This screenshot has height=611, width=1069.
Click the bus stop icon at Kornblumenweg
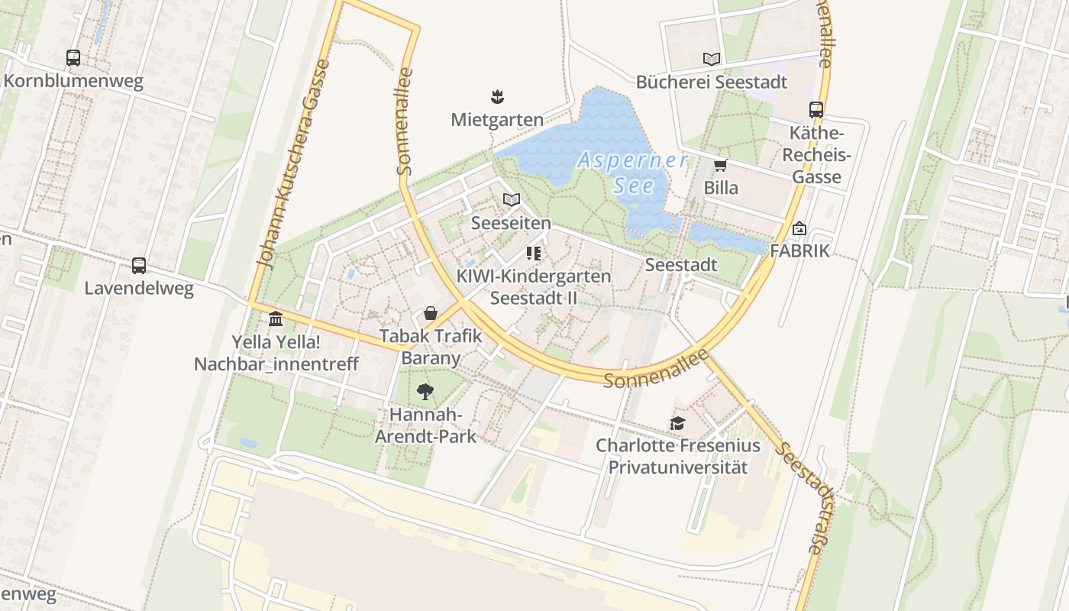pos(73,58)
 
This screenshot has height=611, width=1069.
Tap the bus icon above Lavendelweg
pos(138,266)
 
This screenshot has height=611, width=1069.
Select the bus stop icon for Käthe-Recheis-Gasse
pos(816,110)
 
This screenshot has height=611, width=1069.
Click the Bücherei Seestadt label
pos(711,82)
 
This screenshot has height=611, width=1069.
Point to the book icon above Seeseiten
pos(512,200)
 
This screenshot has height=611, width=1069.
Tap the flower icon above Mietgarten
pos(497,97)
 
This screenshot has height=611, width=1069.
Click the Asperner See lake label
pos(632,173)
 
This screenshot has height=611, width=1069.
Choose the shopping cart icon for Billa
pos(720,165)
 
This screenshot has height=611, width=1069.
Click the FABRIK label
pos(799,251)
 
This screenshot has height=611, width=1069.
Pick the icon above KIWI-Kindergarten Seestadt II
pos(533,253)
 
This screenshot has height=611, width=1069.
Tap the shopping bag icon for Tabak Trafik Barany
pos(431,314)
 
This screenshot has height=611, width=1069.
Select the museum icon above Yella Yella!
pos(276,318)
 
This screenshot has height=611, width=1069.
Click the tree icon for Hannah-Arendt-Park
pos(425,393)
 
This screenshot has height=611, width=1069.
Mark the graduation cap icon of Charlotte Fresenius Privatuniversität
pos(677,423)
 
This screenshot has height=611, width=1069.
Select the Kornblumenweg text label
pos(73,82)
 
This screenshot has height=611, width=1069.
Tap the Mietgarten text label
pos(497,120)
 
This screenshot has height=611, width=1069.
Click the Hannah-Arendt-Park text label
pos(425,425)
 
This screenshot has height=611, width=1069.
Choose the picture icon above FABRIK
pos(799,228)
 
